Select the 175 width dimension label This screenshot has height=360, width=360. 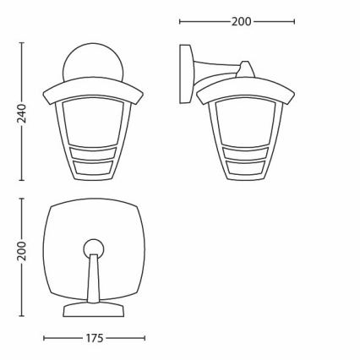(94, 339)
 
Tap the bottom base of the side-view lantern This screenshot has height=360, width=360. (244, 176)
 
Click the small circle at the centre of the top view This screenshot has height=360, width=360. (94, 248)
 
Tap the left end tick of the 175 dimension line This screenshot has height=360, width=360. (45, 339)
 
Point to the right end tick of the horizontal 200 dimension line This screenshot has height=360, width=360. (294, 20)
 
